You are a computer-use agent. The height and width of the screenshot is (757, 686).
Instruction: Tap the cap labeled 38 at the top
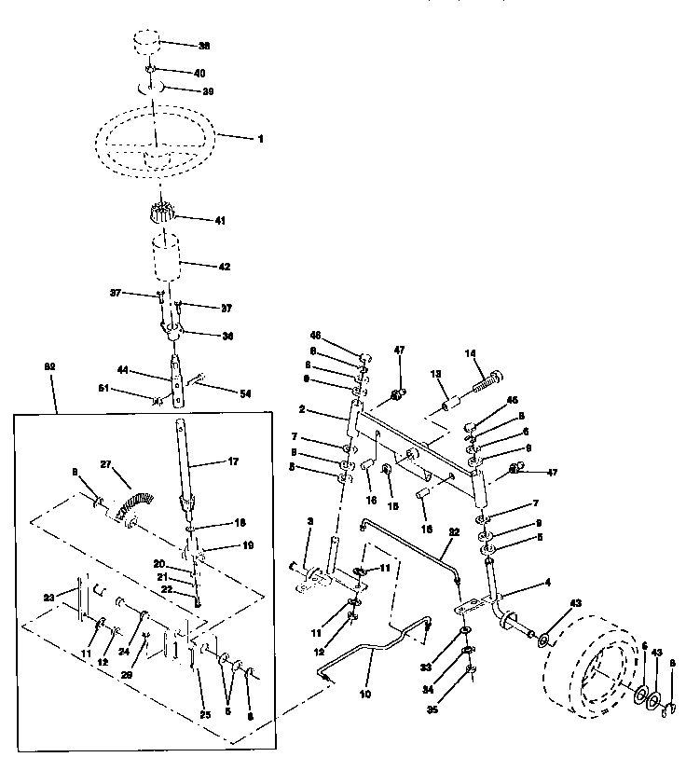146,44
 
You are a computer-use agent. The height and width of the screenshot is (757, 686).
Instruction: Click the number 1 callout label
260,139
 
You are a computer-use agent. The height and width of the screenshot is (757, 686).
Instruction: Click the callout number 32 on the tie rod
454,532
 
